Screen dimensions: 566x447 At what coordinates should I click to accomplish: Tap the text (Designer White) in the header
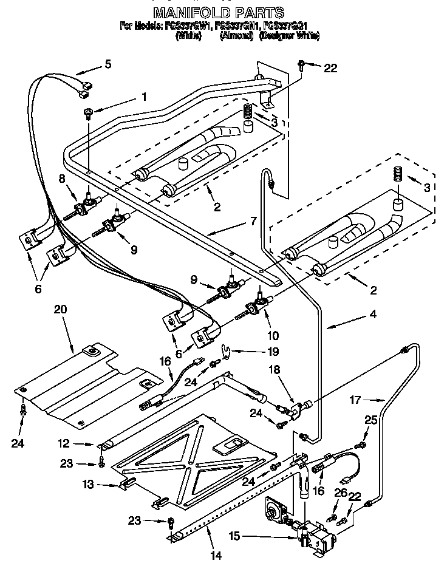289,36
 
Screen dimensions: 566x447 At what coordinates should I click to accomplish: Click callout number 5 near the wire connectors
108,63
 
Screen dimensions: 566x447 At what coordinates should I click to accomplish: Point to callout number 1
144,96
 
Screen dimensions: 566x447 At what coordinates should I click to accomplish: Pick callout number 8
61,178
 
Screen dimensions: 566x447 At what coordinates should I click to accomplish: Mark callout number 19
273,351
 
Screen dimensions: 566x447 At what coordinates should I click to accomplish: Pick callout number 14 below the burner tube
211,556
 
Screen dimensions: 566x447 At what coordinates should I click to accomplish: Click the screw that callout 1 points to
89,111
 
